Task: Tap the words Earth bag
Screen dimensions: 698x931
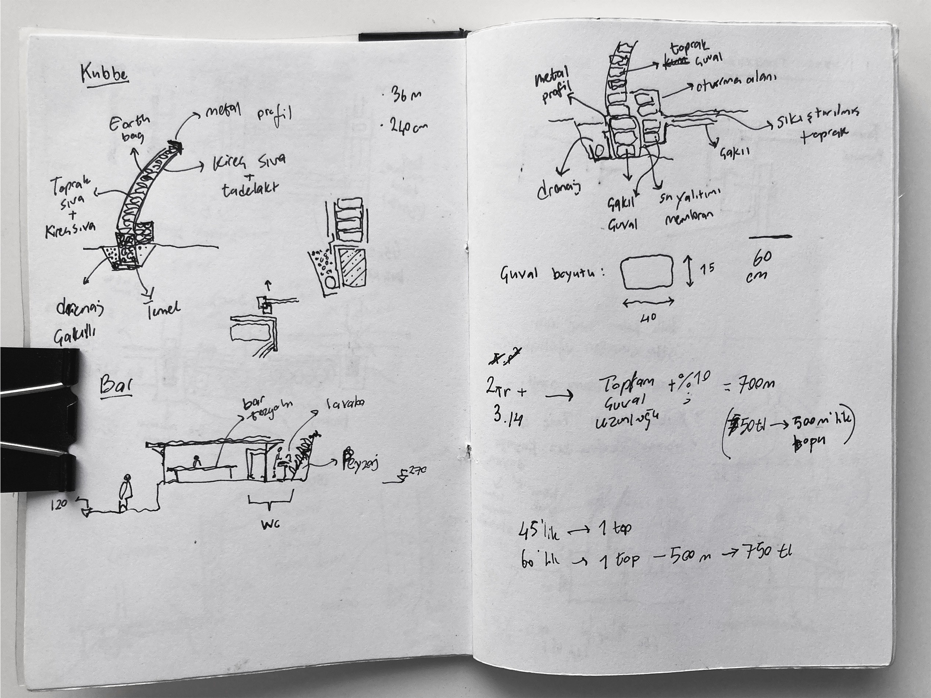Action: [x=129, y=129]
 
